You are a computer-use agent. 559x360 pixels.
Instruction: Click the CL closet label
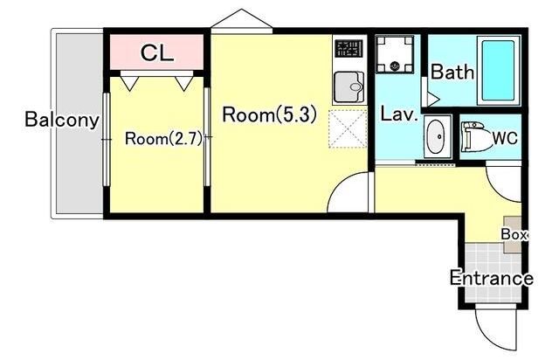tap(157, 53)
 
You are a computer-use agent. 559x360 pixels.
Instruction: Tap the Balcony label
tap(62, 120)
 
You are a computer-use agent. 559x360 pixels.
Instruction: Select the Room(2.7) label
tap(163, 139)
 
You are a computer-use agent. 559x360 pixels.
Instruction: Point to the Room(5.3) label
tap(270, 114)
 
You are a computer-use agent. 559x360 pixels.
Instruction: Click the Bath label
tap(452, 72)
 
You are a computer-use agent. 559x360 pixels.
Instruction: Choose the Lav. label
tap(399, 114)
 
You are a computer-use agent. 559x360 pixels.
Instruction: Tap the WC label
tap(505, 138)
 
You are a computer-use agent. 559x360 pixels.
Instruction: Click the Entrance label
tap(492, 278)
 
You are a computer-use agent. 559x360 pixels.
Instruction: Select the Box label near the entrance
tap(514, 234)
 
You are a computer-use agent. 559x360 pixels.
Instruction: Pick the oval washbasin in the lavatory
tap(435, 136)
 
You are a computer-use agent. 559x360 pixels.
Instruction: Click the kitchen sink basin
tap(349, 87)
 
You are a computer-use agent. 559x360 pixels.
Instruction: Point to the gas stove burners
tap(349, 49)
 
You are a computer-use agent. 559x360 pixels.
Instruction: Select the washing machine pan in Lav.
tap(395, 54)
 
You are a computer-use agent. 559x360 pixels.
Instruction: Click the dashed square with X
tap(348, 128)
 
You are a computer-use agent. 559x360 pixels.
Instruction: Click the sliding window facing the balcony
tap(107, 139)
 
